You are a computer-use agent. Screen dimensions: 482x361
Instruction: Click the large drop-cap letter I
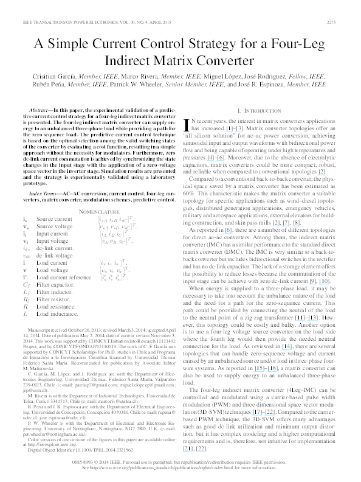coord(185,125)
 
